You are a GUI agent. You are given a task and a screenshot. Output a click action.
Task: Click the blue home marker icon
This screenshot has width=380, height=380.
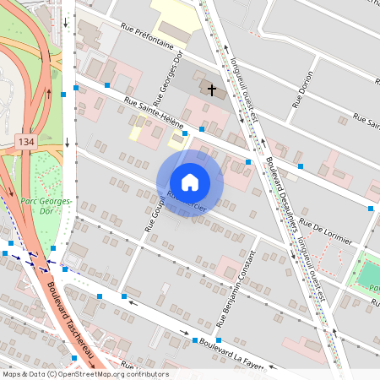(190, 182)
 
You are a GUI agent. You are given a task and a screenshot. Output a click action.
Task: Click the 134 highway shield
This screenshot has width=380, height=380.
(24, 140)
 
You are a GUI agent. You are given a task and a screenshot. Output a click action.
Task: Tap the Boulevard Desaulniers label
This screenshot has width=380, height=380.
(284, 186)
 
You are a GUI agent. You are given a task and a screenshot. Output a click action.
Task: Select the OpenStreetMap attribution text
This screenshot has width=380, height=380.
(84, 374)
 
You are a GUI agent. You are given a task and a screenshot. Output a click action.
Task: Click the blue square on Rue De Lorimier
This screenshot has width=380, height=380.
(371, 208)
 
